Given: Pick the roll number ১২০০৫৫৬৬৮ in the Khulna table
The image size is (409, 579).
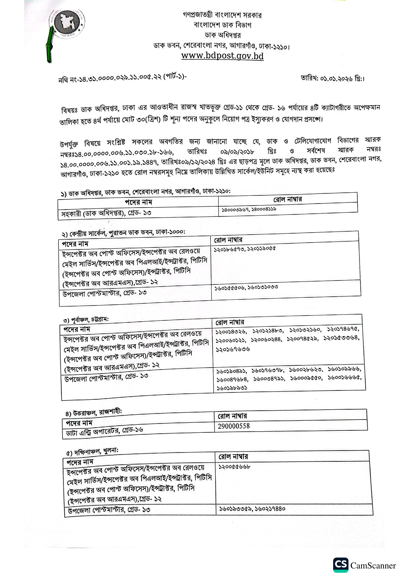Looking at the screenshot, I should click(x=234, y=466).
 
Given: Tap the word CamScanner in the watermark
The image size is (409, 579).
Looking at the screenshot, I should click(x=373, y=566).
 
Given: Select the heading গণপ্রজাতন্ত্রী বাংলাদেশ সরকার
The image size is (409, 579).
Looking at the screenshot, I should click(x=222, y=15).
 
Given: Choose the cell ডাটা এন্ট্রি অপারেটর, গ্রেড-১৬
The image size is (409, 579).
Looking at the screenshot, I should click(x=105, y=431).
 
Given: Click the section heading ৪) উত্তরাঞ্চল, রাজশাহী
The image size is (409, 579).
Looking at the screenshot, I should click(x=94, y=413).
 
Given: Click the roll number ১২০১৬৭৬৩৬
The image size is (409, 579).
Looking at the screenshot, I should click(x=233, y=349).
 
